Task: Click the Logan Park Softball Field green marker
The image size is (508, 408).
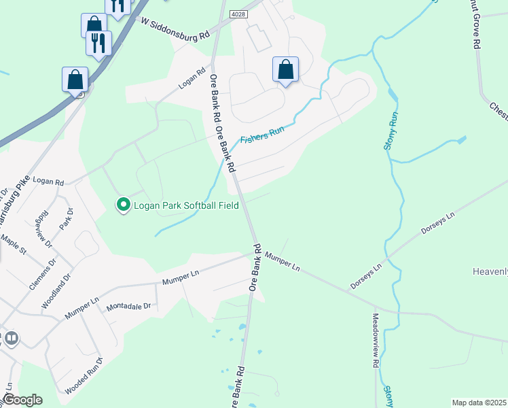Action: click(x=123, y=204)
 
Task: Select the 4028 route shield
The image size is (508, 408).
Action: click(x=238, y=14)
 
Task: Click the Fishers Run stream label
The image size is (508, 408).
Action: click(x=261, y=134)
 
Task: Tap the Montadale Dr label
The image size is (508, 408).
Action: click(x=128, y=307)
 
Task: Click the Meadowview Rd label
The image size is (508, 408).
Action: click(x=375, y=340)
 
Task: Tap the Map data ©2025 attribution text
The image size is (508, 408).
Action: click(x=479, y=403)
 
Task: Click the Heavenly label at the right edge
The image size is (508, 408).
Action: click(x=490, y=272)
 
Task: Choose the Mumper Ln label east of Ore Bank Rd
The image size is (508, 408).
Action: click(x=283, y=262)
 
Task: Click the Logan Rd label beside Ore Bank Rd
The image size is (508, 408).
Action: click(x=192, y=79)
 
